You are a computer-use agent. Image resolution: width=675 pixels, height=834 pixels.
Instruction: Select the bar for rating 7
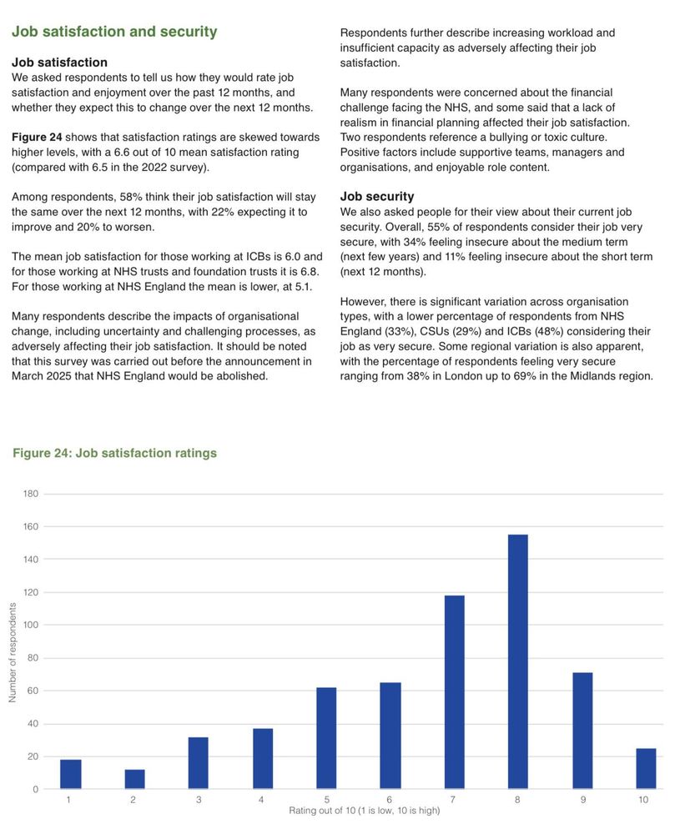click(x=454, y=692)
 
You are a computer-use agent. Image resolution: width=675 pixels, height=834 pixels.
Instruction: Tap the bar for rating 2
click(x=134, y=779)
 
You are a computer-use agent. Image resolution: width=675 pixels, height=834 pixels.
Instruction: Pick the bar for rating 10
click(x=646, y=768)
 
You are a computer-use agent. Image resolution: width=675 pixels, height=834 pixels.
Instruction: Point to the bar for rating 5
click(x=326, y=738)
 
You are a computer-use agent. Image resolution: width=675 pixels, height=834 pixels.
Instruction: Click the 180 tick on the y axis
click(x=31, y=494)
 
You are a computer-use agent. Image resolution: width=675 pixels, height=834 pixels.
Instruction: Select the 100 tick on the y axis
click(x=31, y=625)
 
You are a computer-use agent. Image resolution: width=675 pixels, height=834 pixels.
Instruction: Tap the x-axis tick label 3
click(x=198, y=800)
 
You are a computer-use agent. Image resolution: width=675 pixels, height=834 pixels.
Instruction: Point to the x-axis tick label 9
click(x=582, y=800)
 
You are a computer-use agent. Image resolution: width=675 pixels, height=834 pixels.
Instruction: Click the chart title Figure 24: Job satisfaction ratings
click(x=114, y=453)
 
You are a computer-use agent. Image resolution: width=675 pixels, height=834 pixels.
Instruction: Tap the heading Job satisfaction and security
click(x=114, y=32)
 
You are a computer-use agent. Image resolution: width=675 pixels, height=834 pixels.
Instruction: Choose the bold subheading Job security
click(x=376, y=197)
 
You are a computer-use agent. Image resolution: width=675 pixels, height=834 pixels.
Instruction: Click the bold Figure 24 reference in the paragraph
click(x=37, y=137)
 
